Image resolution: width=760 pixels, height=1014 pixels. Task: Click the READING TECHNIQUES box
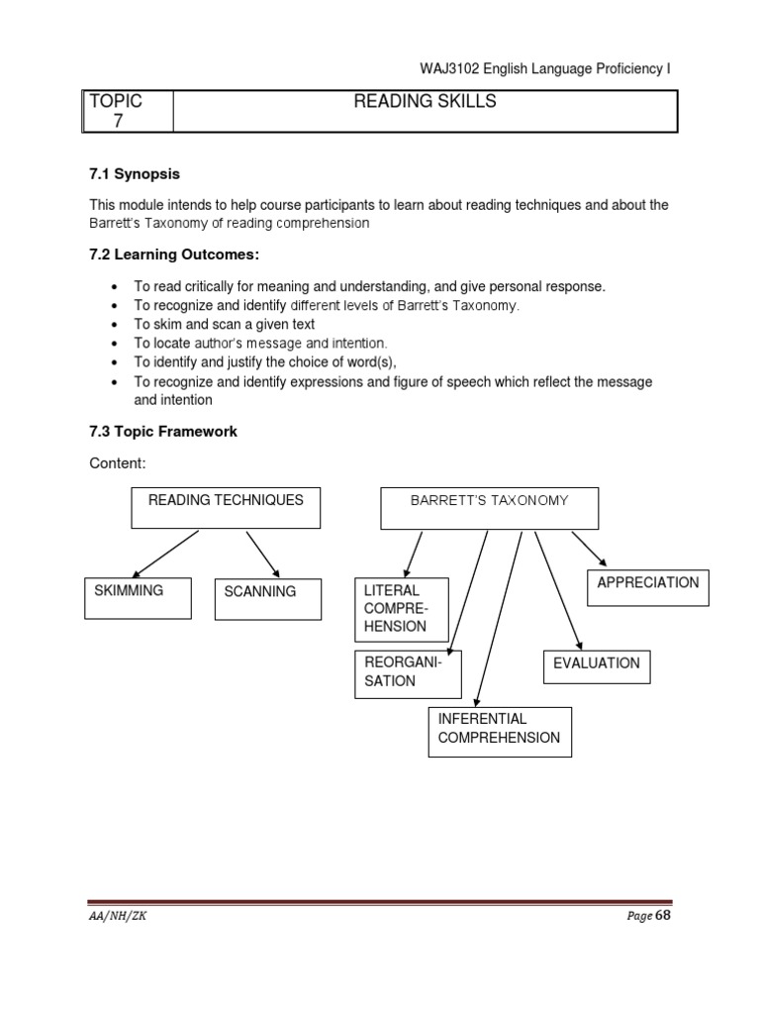click(226, 508)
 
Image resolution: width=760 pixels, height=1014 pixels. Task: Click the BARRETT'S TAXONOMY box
click(490, 508)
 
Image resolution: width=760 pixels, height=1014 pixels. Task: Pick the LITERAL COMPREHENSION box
click(402, 609)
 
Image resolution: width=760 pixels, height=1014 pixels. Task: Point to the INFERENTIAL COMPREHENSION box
click(499, 731)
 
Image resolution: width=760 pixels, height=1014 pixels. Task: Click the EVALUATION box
click(596, 664)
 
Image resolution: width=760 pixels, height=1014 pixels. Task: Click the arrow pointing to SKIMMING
click(165, 554)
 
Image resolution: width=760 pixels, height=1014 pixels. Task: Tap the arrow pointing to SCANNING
click(262, 554)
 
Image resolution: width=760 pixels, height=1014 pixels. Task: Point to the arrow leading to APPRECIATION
click(588, 549)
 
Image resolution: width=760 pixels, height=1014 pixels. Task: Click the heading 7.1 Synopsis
click(135, 174)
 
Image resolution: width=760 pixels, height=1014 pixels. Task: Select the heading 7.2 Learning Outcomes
click(174, 255)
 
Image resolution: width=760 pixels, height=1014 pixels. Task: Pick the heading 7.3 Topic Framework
click(163, 432)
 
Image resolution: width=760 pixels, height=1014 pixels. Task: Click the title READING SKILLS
click(425, 102)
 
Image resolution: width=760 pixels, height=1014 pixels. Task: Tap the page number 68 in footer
click(663, 916)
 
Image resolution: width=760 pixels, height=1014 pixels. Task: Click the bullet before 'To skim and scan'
click(116, 325)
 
